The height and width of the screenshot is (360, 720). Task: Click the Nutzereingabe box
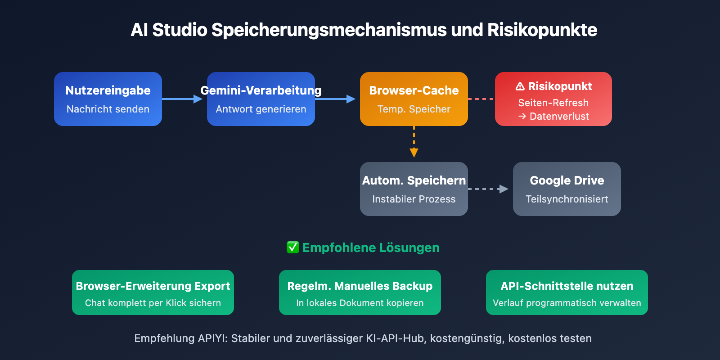coord(108,99)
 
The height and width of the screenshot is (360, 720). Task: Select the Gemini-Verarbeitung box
coord(261,99)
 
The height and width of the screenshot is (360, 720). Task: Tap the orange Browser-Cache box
coord(414,99)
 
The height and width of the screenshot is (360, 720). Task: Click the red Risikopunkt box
coord(553,99)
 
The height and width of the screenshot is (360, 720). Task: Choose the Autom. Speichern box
coord(414,189)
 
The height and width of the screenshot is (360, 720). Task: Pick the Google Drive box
coord(567,189)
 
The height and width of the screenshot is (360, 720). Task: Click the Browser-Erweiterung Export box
coord(153,292)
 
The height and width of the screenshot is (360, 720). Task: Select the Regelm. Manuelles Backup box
coord(360,292)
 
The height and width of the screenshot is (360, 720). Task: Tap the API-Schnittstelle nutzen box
coord(567,292)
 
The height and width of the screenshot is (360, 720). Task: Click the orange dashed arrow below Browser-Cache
coord(414,142)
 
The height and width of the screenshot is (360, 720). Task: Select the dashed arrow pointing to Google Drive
coord(488,189)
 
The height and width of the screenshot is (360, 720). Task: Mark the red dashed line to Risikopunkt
coord(481,99)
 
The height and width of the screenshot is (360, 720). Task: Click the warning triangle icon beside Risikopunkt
coord(520,86)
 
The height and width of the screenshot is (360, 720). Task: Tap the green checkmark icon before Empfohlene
coord(293,247)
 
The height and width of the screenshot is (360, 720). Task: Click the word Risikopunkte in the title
coord(542,30)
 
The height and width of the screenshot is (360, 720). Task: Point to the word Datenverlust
coord(559,117)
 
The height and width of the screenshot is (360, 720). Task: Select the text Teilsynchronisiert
coord(567,199)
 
